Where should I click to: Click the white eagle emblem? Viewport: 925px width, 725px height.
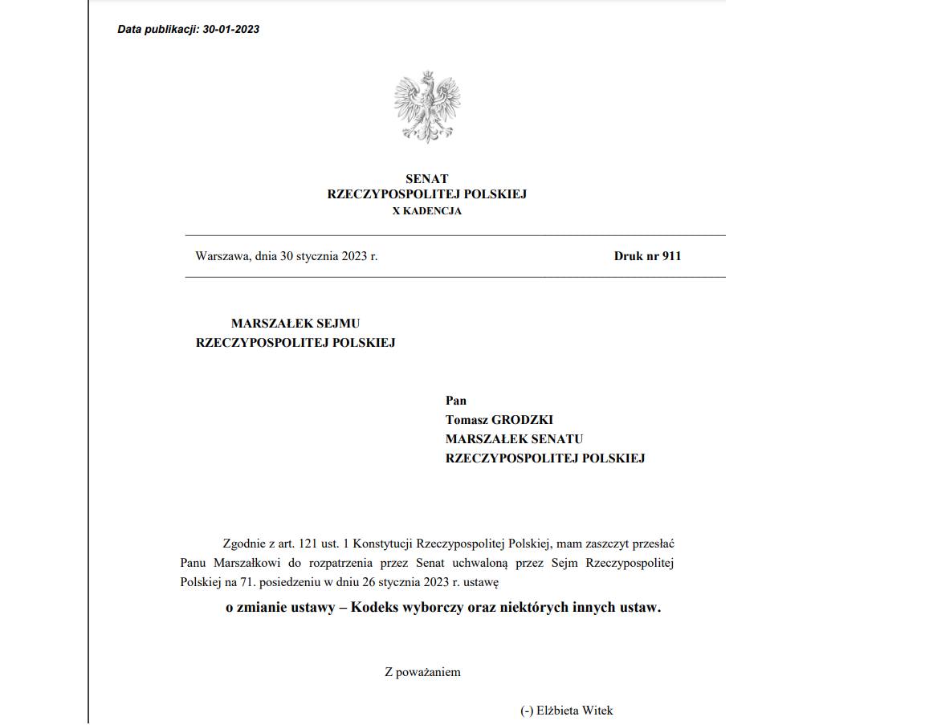pyautogui.click(x=427, y=107)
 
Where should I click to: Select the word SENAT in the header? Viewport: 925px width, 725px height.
pyautogui.click(x=427, y=179)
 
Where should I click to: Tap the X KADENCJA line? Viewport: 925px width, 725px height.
pyautogui.click(x=427, y=211)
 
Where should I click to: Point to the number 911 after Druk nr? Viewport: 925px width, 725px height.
pyautogui.click(x=671, y=256)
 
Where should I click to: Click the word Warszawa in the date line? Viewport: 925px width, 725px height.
pyautogui.click(x=222, y=256)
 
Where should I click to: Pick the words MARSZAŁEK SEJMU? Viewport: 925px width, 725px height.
pyautogui.click(x=295, y=324)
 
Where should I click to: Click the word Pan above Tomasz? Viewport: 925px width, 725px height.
pyautogui.click(x=456, y=401)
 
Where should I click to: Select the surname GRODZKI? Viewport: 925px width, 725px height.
pyautogui.click(x=523, y=420)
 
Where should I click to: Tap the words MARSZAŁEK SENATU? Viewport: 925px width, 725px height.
pyautogui.click(x=515, y=439)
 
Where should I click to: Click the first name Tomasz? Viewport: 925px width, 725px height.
pyautogui.click(x=467, y=420)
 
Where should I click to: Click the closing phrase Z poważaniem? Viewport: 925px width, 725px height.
pyautogui.click(x=423, y=672)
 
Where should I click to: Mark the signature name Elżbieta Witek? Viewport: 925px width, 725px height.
pyautogui.click(x=575, y=711)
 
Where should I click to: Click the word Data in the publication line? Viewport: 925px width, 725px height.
pyautogui.click(x=129, y=30)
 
